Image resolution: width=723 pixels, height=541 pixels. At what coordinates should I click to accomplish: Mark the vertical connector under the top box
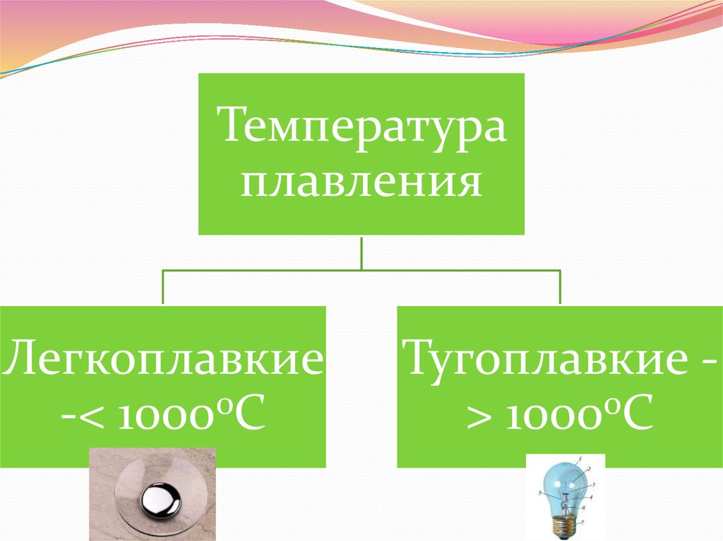pyautogui.click(x=361, y=252)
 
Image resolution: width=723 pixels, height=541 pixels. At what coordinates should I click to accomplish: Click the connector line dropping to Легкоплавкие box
pyautogui.click(x=163, y=287)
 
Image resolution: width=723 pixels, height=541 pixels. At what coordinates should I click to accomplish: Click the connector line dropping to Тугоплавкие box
pyautogui.click(x=560, y=287)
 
